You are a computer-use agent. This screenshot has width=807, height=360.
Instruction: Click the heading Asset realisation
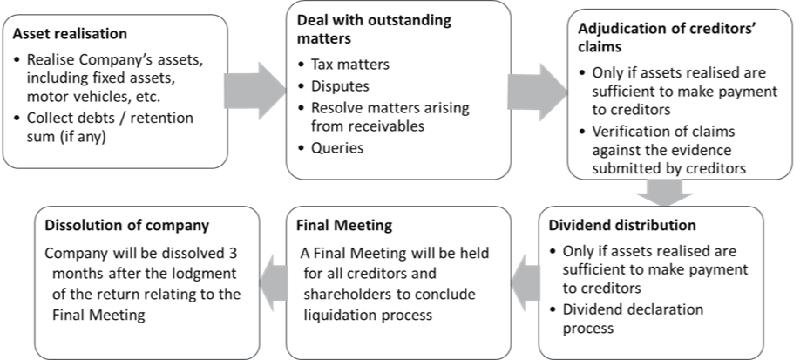(x=70, y=35)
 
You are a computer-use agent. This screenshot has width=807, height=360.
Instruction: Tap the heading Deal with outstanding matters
(x=374, y=29)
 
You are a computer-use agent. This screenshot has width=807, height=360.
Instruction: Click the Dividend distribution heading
(x=622, y=226)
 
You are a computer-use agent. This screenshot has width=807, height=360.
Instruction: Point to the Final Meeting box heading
(x=344, y=226)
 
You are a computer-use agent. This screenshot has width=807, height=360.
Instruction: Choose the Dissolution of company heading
(x=127, y=226)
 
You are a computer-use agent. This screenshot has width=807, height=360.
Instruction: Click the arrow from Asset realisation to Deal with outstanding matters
(x=255, y=92)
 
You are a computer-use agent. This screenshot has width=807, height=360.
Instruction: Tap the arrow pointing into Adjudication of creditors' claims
(x=539, y=92)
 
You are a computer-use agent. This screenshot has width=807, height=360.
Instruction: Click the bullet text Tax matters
(x=350, y=65)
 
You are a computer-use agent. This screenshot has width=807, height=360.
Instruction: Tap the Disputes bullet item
(x=340, y=86)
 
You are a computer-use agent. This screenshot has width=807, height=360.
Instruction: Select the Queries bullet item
(x=337, y=148)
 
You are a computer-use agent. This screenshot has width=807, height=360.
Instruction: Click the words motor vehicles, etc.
(x=85, y=96)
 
